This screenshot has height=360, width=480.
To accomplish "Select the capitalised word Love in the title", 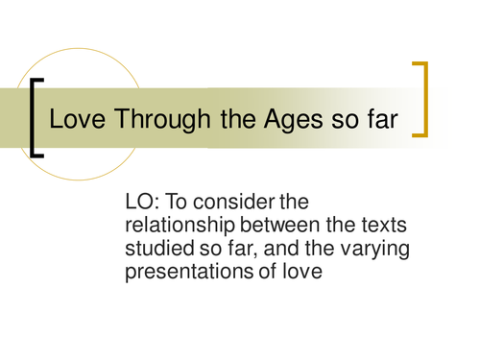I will click(x=73, y=122).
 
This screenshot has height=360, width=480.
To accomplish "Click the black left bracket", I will click(x=35, y=116).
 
